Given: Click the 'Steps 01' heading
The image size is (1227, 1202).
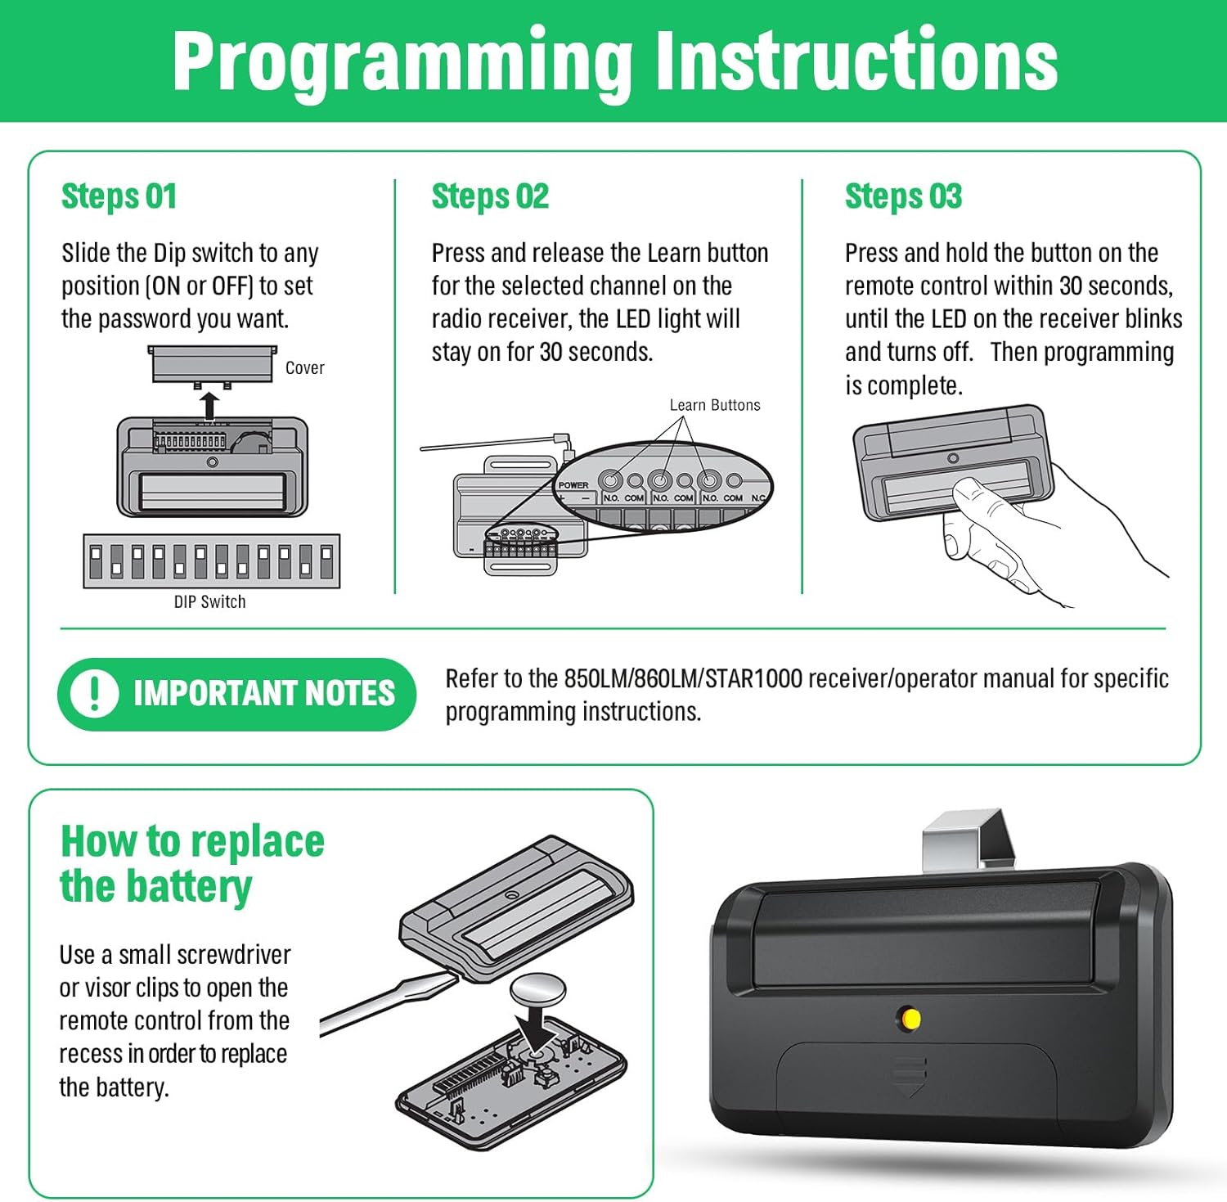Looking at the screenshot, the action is [119, 197].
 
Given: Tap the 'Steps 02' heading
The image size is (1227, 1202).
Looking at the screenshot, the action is [490, 197].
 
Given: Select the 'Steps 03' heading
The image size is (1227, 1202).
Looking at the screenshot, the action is [903, 197].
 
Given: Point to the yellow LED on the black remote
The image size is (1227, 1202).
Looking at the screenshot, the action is [909, 1019].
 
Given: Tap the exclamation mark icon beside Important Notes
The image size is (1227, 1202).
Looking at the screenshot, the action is [94, 694].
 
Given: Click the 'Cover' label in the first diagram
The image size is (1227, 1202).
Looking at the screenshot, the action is [304, 368].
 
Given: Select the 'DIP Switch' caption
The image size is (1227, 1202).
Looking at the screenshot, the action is [209, 601].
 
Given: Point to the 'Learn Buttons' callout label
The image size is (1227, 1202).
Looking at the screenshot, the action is [715, 405].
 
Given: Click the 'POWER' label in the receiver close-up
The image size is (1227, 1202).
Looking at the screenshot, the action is [573, 485].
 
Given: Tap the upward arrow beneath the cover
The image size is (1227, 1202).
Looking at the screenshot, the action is [210, 405].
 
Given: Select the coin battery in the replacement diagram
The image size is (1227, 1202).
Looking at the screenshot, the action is [538, 988].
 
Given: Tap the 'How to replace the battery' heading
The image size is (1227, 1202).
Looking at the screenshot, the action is [192, 864].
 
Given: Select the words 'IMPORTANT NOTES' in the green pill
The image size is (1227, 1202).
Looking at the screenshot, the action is [264, 694].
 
